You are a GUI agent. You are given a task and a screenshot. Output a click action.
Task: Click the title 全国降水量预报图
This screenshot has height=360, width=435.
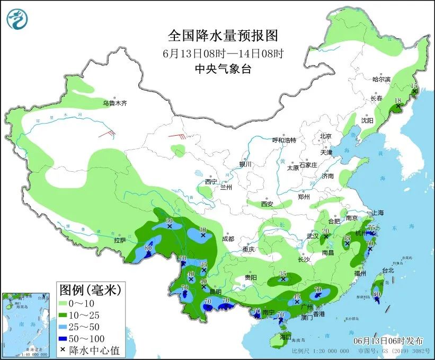point(223,36)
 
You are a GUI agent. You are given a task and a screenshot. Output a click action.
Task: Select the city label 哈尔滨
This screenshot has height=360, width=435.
point(381,79)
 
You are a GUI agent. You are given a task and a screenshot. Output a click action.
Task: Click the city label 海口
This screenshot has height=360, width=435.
point(285,337)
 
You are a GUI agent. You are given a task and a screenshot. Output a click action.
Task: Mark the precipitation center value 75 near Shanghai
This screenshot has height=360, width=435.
point(371,227)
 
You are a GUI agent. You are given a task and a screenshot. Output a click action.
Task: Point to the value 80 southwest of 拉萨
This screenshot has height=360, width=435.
point(148,248)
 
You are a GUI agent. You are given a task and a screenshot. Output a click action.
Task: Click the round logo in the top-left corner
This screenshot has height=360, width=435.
point(16,20)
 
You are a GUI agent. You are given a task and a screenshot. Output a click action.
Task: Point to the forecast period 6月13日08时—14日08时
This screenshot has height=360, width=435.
point(223,53)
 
